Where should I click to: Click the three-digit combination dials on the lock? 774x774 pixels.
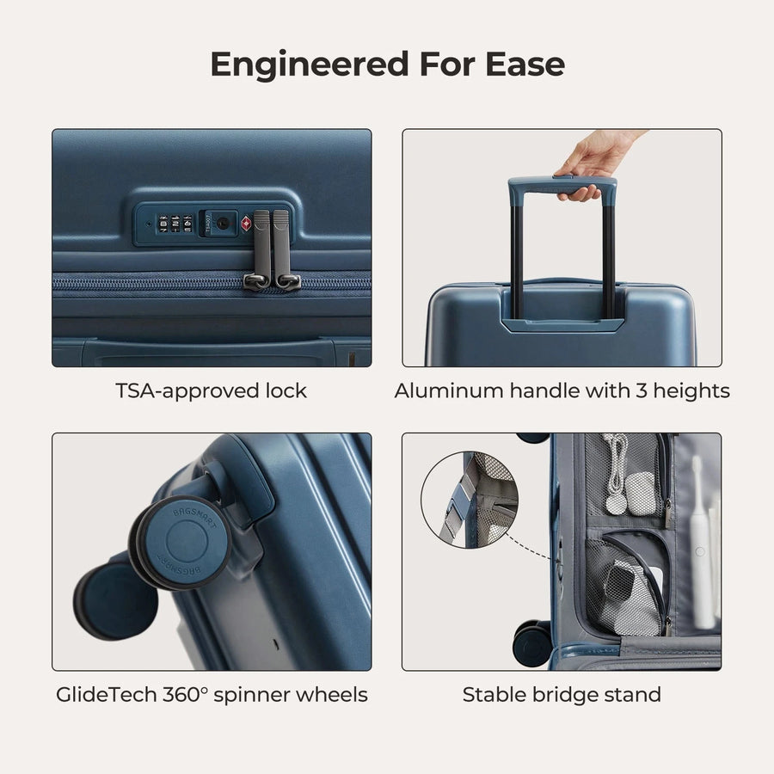[175, 224]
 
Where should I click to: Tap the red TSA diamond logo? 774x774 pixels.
[246, 221]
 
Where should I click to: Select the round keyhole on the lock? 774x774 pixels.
[224, 224]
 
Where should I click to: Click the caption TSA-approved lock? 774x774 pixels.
[212, 391]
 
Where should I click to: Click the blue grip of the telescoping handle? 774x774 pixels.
[562, 185]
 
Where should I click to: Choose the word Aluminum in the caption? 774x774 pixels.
[449, 391]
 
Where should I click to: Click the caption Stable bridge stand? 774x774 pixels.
[562, 695]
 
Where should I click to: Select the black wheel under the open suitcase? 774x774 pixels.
[531, 641]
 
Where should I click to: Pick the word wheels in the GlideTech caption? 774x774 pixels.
[330, 695]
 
